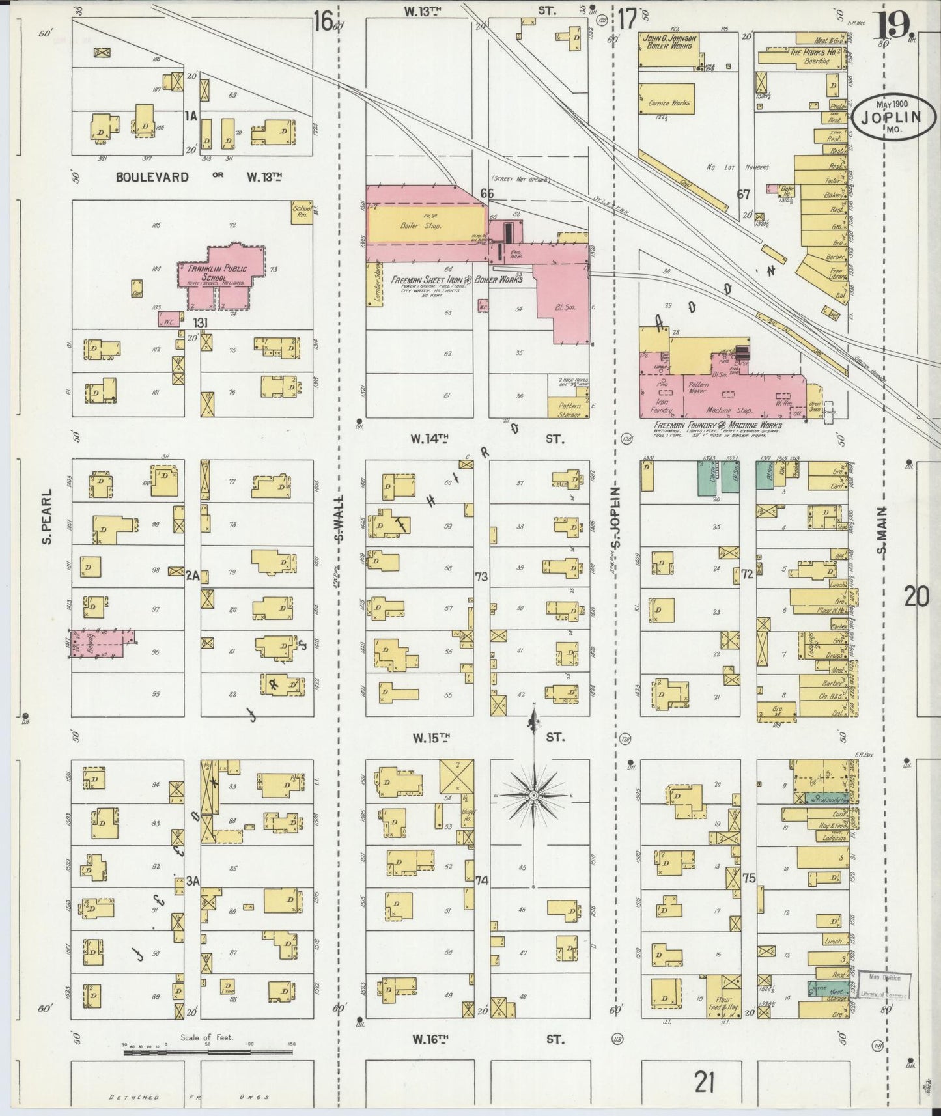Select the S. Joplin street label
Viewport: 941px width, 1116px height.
616,518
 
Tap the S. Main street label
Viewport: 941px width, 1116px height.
882,531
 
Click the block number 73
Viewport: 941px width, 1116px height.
481,577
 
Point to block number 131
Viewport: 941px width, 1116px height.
200,323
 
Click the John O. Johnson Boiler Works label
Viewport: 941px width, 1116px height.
669,42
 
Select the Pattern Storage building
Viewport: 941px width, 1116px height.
569,408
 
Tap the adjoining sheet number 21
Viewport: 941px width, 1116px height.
704,1081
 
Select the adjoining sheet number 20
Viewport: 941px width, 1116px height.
915,596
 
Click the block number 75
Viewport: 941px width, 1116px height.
749,878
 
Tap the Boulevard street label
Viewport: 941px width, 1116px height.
152,177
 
